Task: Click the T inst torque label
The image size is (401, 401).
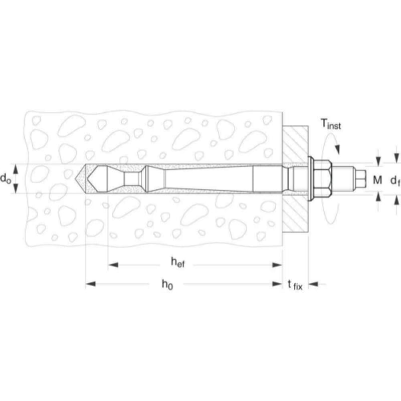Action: (331, 124)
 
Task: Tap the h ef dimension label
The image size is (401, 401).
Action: (178, 262)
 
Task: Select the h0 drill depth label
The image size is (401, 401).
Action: (167, 284)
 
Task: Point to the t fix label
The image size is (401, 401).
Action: (295, 285)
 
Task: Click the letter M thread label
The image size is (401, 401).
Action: (377, 180)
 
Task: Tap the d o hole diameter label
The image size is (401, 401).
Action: (6, 178)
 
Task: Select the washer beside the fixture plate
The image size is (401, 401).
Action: (311, 178)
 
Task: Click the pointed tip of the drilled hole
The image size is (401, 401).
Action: (76, 178)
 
